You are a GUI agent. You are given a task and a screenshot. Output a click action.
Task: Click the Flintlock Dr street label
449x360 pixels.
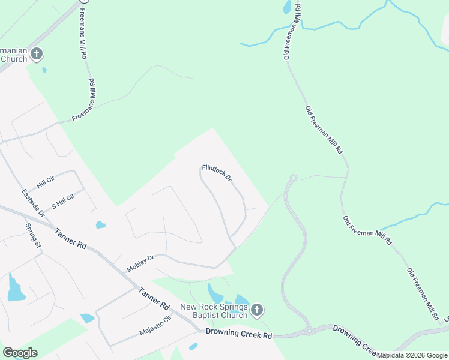(x=217, y=173)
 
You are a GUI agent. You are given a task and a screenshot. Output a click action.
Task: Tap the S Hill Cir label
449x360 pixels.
(x=62, y=201)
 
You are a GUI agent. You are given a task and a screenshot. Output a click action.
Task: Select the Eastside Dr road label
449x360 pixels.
(x=33, y=203)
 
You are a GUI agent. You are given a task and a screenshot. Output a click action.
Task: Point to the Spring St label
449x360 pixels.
(x=32, y=236)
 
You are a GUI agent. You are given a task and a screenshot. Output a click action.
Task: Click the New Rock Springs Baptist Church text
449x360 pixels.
(x=214, y=311)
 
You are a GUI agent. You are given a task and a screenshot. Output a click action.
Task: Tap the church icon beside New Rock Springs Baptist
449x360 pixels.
(x=256, y=310)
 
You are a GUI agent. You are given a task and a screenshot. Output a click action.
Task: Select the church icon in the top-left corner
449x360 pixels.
(x=37, y=55)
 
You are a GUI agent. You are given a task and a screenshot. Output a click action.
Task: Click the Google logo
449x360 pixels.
(x=20, y=352)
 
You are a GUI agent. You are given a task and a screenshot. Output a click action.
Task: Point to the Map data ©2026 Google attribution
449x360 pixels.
(x=412, y=356)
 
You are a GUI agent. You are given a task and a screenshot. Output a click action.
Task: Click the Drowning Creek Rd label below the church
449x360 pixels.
(x=239, y=332)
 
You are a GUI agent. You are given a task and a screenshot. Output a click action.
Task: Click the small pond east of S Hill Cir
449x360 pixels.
(x=100, y=225)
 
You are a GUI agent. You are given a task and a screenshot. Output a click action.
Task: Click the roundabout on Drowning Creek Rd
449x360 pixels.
(x=309, y=331)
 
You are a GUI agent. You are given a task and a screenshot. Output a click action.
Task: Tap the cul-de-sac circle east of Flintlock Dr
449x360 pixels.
(x=294, y=178)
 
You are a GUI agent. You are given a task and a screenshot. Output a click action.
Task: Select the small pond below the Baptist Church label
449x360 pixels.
(x=193, y=346)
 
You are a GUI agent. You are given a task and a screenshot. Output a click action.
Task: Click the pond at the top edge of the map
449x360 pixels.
(x=287, y=7)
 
